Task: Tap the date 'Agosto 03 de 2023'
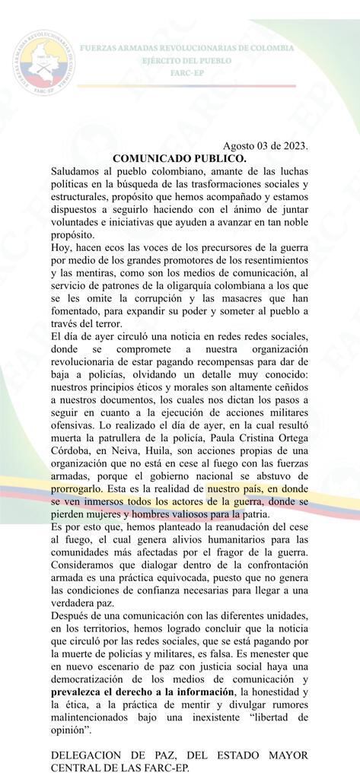click(266, 146)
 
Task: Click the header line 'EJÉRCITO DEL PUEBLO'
click(186, 60)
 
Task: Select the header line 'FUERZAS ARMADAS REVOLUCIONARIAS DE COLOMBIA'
click(186, 47)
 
